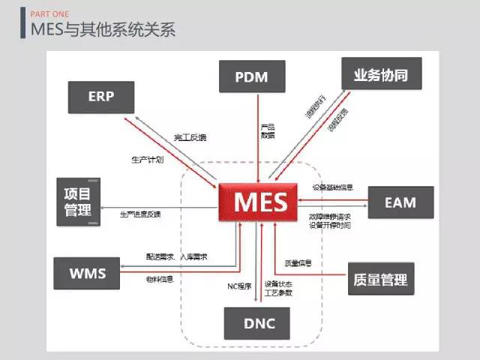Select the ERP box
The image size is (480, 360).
click(x=100, y=96)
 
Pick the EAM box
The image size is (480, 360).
click(x=400, y=202)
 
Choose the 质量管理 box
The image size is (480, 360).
click(x=380, y=280)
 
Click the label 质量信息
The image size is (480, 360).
click(x=298, y=263)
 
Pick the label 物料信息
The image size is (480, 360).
click(x=160, y=279)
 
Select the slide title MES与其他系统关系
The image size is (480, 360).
click(x=103, y=30)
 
